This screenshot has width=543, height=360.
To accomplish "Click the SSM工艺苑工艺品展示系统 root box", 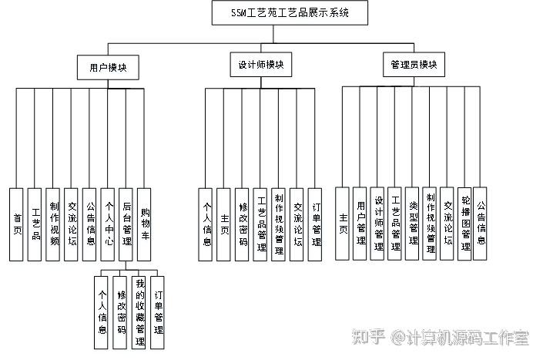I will [x=290, y=13].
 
